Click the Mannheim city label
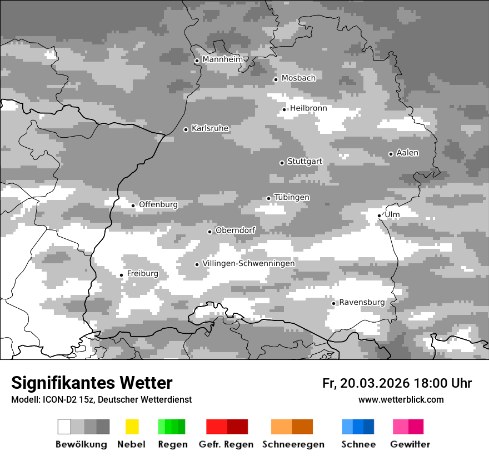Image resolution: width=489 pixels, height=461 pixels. tap(222, 59)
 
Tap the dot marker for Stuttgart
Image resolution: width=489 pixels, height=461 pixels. tap(282, 163)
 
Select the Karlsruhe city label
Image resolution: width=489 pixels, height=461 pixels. tap(209, 128)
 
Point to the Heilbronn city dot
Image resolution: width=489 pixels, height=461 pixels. tap(284, 109)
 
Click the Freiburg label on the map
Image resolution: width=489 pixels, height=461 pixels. tap(142, 274)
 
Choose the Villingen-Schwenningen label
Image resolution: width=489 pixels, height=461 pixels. tap(248, 263)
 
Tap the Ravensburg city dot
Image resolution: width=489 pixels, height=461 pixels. tap(333, 303)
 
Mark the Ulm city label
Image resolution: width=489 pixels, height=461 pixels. tap(392, 214)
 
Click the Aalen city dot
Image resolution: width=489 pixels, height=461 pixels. tap(391, 154)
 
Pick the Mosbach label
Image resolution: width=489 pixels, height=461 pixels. tap(298, 78)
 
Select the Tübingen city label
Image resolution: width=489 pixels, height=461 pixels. tap(292, 198)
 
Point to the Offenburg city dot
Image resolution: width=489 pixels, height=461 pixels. tap(133, 206)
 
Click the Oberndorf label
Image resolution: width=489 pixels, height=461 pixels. tap(235, 231)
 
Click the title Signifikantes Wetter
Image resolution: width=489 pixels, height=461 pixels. tap(92, 383)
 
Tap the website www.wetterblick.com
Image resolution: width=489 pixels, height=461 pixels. tap(401, 399)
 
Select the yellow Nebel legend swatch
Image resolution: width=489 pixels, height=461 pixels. tap(132, 427)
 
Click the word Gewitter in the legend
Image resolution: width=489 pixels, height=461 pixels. tap(410, 444)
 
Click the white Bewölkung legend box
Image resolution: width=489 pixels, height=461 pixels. tap(64, 427)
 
